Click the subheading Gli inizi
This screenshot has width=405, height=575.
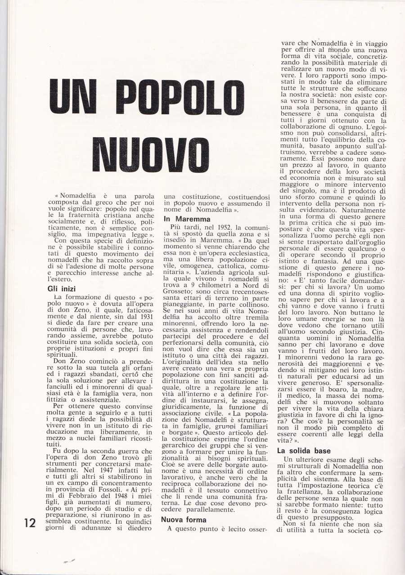(63, 289)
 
